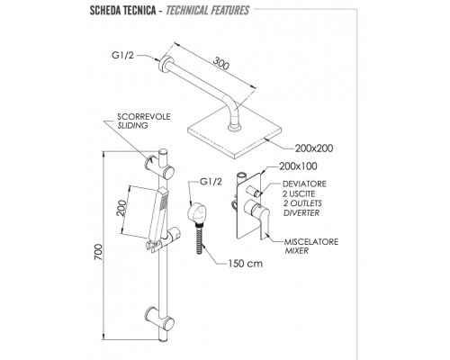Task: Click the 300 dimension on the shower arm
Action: coord(221,63)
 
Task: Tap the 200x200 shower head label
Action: coord(314,148)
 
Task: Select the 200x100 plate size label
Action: coord(298,166)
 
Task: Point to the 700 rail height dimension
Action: coord(98,252)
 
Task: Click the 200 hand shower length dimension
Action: coord(121,208)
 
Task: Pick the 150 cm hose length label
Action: coord(246,264)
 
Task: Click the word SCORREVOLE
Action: coord(144,117)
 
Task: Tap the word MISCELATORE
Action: coord(311,241)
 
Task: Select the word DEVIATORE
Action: coord(304,184)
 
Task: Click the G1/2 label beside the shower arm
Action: coord(122,56)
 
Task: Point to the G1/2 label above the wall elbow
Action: coord(211,182)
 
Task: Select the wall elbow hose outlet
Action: coord(196,213)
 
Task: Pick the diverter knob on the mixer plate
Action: coord(255,191)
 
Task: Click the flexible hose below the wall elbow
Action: coord(200,238)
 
